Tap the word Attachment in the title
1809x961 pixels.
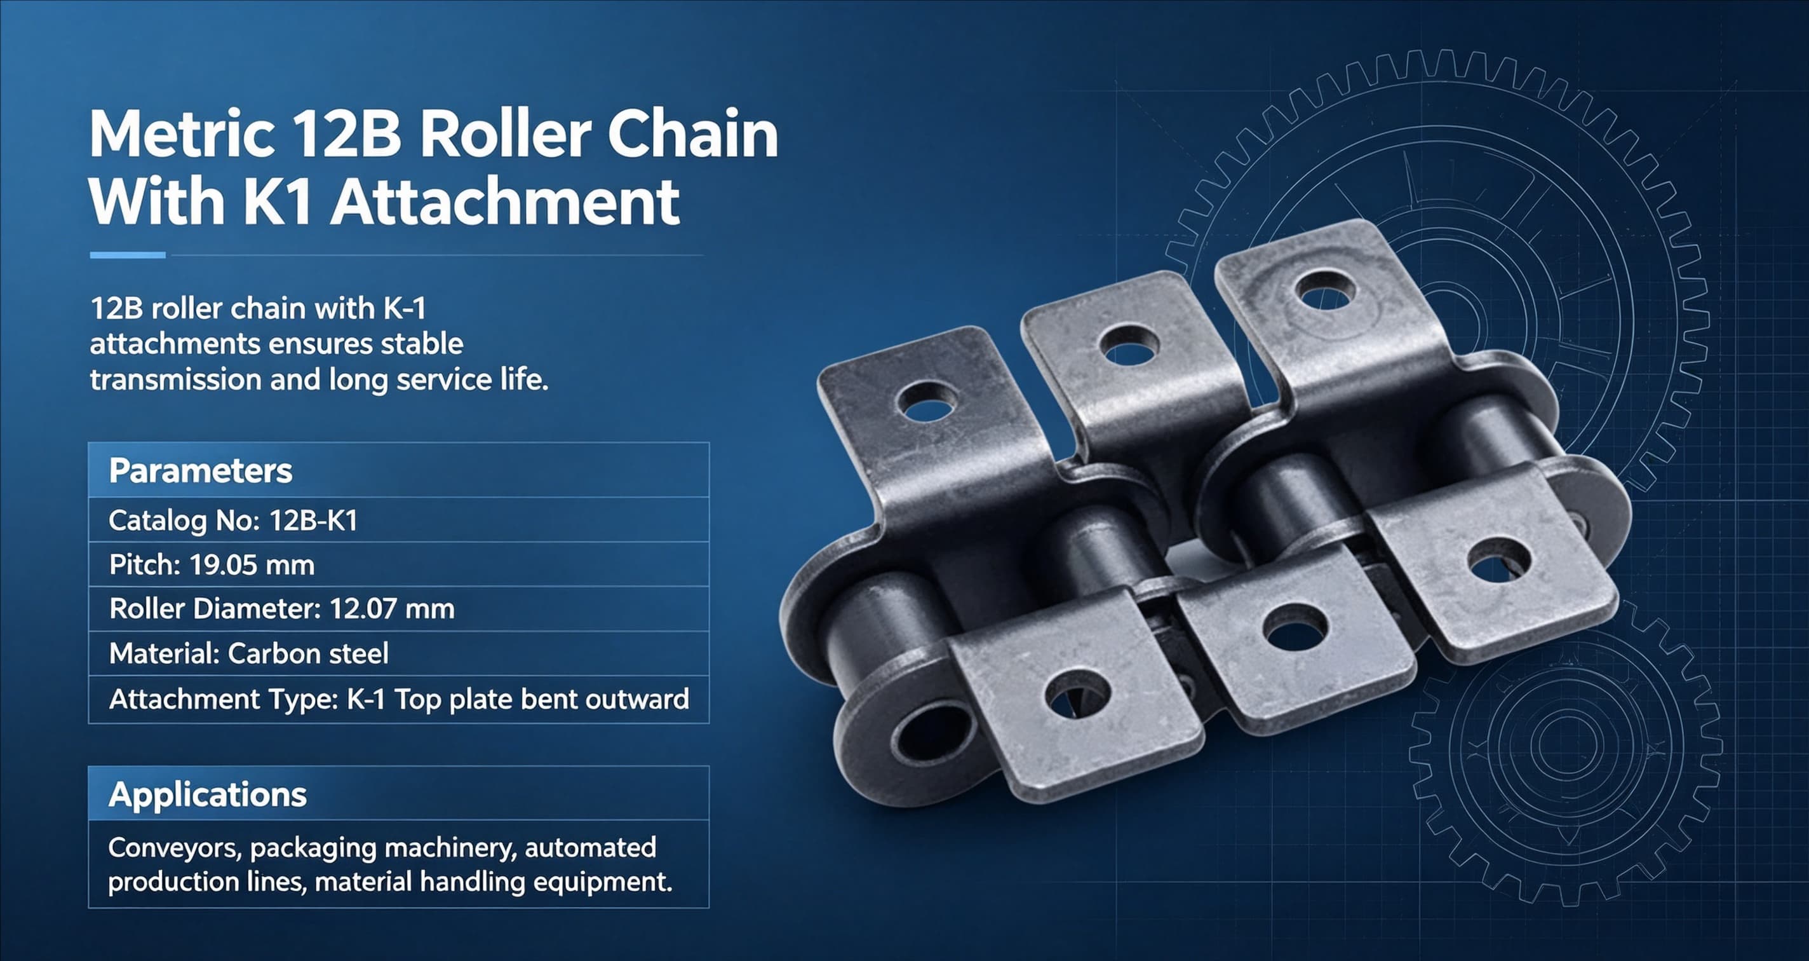[x=505, y=202]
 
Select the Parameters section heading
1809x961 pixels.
[x=201, y=471]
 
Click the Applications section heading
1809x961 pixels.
[x=208, y=794]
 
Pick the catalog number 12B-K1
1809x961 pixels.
[x=313, y=521]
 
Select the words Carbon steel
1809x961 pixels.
[x=308, y=653]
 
